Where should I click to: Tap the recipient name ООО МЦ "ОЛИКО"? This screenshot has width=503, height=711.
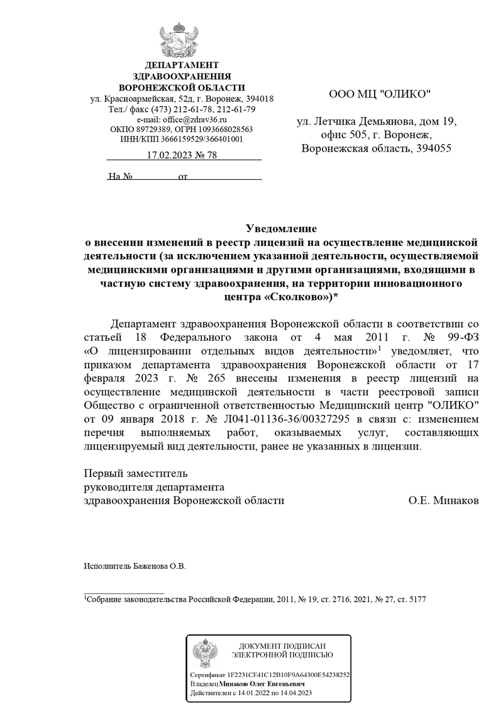(380, 94)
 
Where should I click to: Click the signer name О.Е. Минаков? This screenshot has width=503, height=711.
(443, 501)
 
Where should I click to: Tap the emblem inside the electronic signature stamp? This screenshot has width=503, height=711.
(205, 654)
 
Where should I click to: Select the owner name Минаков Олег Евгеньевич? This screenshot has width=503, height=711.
(262, 683)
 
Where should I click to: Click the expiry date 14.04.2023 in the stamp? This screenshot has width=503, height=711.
(293, 693)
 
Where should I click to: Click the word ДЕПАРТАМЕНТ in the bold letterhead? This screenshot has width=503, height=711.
(182, 65)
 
